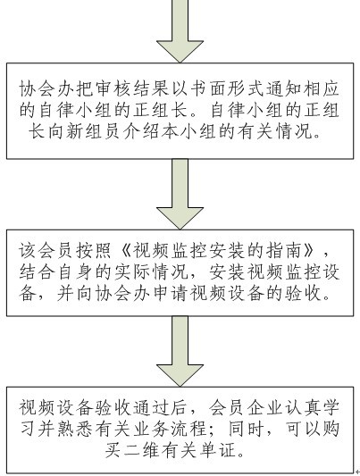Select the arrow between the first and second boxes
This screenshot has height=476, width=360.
(180, 194)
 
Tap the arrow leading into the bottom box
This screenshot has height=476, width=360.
(180, 351)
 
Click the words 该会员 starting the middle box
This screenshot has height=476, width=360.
(46, 251)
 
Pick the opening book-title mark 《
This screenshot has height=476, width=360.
(124, 251)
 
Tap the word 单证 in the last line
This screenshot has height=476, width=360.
(218, 450)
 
